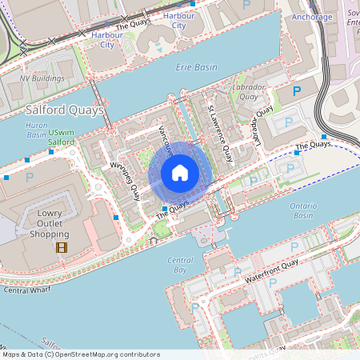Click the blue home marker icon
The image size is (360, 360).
180,173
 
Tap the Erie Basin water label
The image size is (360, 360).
197,68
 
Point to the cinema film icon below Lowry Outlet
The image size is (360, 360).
62,246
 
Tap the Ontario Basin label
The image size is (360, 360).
303,211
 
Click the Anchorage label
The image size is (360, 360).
312,16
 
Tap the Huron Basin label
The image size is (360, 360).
36,130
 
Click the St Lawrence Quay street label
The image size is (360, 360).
220,129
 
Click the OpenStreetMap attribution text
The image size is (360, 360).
81,354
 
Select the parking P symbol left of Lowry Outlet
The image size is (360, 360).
30,176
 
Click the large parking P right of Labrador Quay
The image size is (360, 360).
298,91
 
